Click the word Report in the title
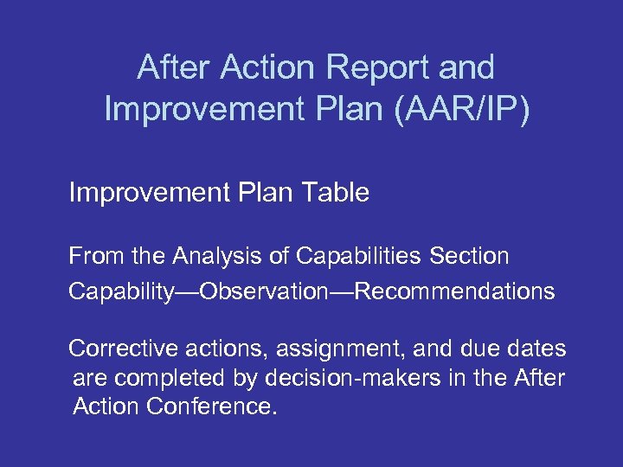pos(374,67)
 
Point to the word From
pos(95,256)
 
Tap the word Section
pos(472,256)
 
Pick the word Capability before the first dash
pos(121,291)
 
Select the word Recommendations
pos(454,291)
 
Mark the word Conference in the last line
pos(213,406)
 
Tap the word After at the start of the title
pos(173,67)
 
